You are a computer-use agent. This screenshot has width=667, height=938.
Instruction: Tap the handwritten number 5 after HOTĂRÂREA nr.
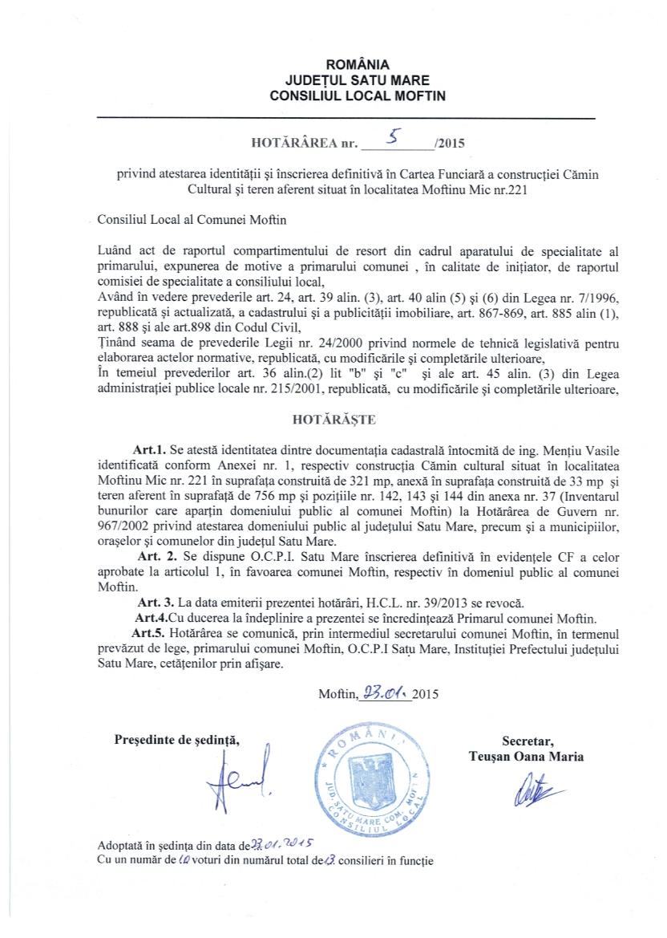(x=393, y=139)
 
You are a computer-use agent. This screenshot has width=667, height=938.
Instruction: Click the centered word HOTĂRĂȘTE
(x=332, y=418)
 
